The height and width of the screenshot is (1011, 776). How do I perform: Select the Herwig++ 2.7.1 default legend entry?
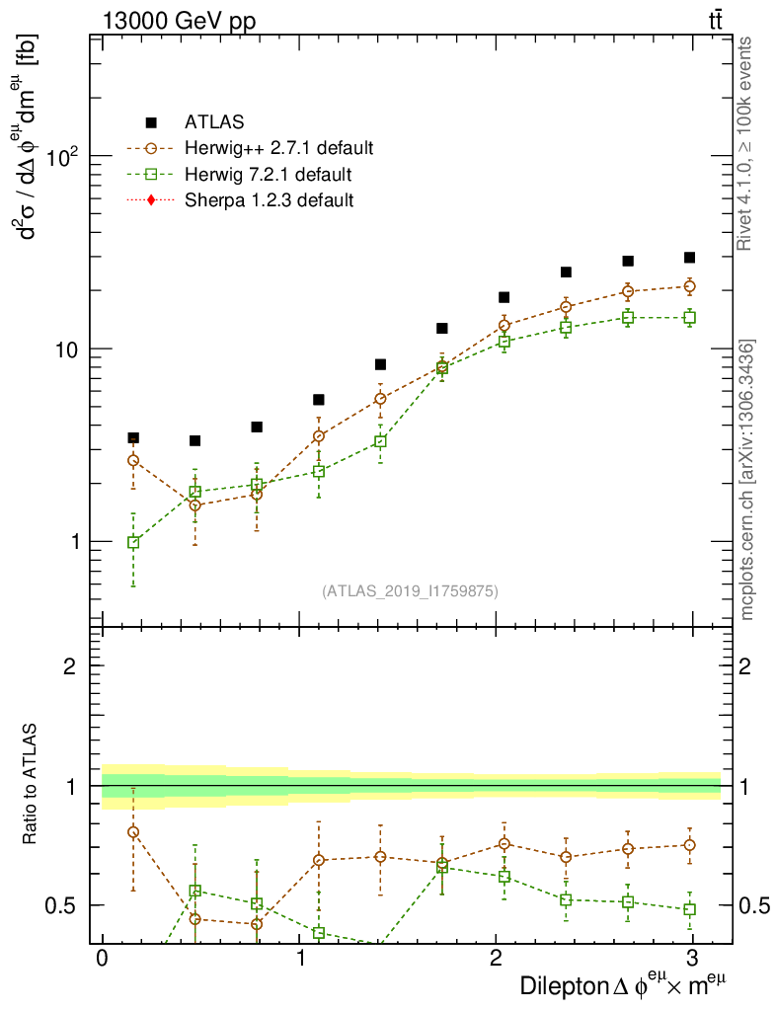tap(278, 149)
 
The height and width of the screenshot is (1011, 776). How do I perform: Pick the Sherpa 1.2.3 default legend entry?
tap(270, 200)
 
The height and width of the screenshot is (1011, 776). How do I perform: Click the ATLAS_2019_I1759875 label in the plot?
tap(410, 591)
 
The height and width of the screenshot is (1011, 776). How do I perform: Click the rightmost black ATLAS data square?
tap(689, 258)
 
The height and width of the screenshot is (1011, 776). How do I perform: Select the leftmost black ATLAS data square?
tap(133, 437)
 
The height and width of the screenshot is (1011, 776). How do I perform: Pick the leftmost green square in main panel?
tap(133, 542)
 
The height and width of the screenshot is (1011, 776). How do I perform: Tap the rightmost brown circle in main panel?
tap(689, 286)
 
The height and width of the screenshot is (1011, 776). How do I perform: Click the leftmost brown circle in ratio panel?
tap(133, 831)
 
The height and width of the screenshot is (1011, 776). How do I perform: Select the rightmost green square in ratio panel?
tap(689, 909)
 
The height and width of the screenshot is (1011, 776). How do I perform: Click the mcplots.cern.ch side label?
tap(747, 480)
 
